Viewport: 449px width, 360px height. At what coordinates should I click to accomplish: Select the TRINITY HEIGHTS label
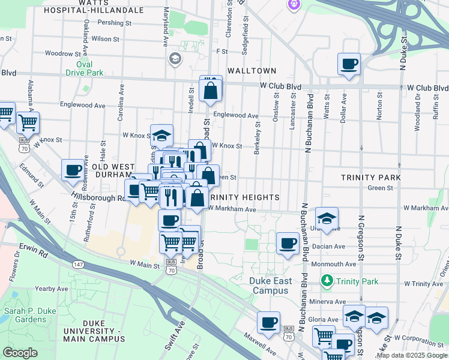244,197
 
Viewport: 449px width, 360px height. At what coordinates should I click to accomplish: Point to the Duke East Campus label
271,286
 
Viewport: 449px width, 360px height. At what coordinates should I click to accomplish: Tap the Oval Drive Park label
85,69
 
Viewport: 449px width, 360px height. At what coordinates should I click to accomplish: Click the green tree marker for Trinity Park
327,280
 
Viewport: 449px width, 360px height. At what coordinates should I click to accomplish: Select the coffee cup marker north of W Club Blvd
349,64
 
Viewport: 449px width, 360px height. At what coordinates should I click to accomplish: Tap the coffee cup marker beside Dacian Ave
288,243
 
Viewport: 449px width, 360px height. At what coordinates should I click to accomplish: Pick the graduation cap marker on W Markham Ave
327,218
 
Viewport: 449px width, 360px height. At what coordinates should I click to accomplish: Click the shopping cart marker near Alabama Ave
28,122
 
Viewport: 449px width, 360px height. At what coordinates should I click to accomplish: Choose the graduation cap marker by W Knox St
161,135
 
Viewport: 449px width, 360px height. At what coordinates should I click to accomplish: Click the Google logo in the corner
20,353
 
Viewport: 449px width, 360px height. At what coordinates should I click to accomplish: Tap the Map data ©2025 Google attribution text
411,355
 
